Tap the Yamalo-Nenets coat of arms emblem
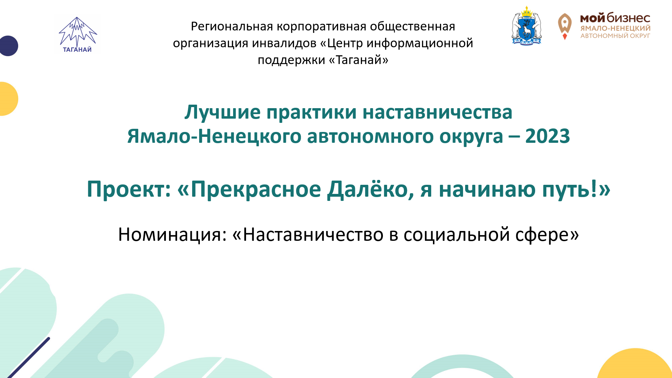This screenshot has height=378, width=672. (x=526, y=25)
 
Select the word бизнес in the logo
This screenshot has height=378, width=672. (x=629, y=18)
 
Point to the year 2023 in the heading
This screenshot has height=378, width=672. (x=547, y=136)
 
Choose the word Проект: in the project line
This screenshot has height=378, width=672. (x=129, y=189)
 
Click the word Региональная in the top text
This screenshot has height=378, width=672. (x=232, y=27)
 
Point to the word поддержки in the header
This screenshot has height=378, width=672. (x=292, y=61)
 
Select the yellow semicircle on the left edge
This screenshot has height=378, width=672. (x=8, y=99)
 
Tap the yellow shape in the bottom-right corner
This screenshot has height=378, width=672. (x=635, y=366)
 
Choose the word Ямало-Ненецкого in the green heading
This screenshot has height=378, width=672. (x=214, y=136)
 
